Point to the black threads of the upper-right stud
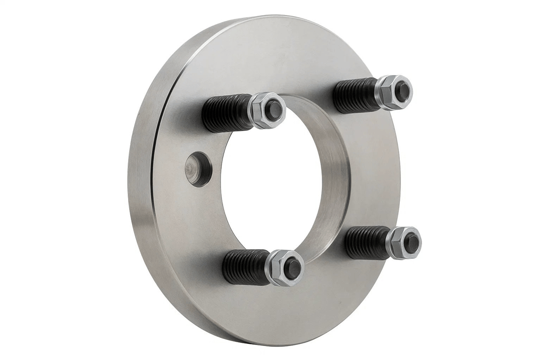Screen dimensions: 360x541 pyautogui.click(x=354, y=95)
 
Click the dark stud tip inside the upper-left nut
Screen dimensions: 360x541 pyautogui.click(x=274, y=110)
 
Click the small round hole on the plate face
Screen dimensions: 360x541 pyautogui.click(x=198, y=169)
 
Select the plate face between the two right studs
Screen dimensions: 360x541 pyautogui.click(x=373, y=168)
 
